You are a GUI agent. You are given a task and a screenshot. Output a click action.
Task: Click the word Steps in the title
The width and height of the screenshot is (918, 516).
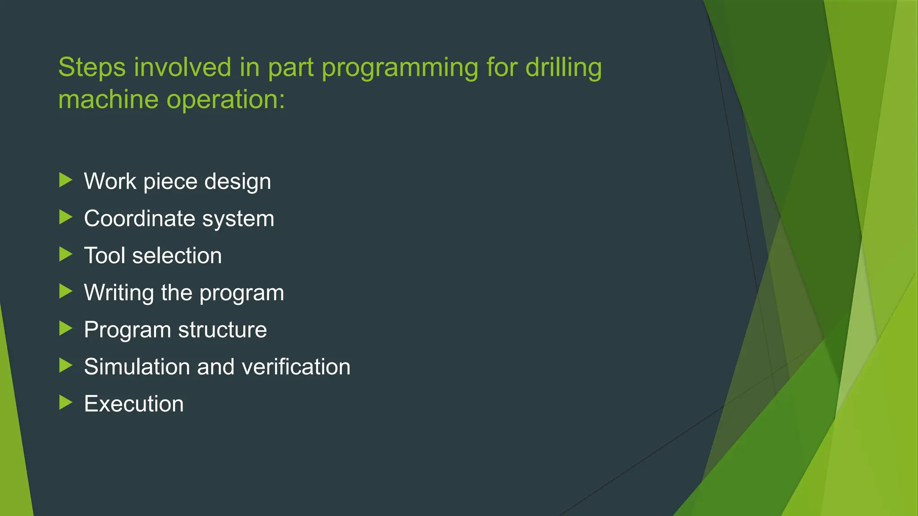click(x=92, y=68)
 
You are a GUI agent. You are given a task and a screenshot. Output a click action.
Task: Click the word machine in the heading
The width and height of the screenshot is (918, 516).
click(x=108, y=99)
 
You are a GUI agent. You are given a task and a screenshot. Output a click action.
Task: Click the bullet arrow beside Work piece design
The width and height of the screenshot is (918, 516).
click(x=66, y=181)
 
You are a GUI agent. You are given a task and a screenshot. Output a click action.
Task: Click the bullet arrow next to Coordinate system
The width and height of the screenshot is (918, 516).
click(x=66, y=218)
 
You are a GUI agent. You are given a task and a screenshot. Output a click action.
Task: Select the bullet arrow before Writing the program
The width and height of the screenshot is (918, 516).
click(x=66, y=292)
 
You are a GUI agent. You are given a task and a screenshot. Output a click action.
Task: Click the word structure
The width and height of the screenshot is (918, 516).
click(x=222, y=330)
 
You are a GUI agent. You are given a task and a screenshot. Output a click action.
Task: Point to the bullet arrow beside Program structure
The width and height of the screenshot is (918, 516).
click(x=66, y=329)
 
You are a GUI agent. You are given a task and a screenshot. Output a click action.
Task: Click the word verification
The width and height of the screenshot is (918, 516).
click(x=296, y=367)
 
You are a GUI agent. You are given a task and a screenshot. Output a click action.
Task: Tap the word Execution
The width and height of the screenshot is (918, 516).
click(x=134, y=404)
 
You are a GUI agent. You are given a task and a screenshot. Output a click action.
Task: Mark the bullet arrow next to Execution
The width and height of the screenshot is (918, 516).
click(x=66, y=403)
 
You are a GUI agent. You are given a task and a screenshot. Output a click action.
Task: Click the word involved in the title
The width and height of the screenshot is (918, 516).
click(x=182, y=68)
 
